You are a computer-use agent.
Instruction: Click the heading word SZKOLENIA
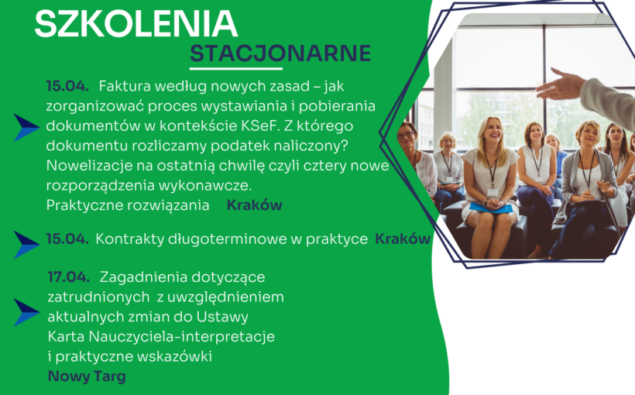(x=136, y=24)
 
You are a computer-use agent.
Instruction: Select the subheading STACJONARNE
(x=280, y=53)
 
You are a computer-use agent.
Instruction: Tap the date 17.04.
(x=68, y=276)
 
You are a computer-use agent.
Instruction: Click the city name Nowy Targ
(x=87, y=377)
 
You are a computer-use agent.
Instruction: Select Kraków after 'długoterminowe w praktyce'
(x=402, y=239)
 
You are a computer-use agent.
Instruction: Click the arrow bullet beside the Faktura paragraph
(x=26, y=127)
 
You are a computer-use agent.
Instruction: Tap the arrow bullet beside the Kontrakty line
(x=26, y=244)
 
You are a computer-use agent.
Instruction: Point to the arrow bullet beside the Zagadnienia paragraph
(x=26, y=312)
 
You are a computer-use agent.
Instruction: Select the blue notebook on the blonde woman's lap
(x=491, y=208)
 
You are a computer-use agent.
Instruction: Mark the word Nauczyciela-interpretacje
(x=186, y=337)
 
